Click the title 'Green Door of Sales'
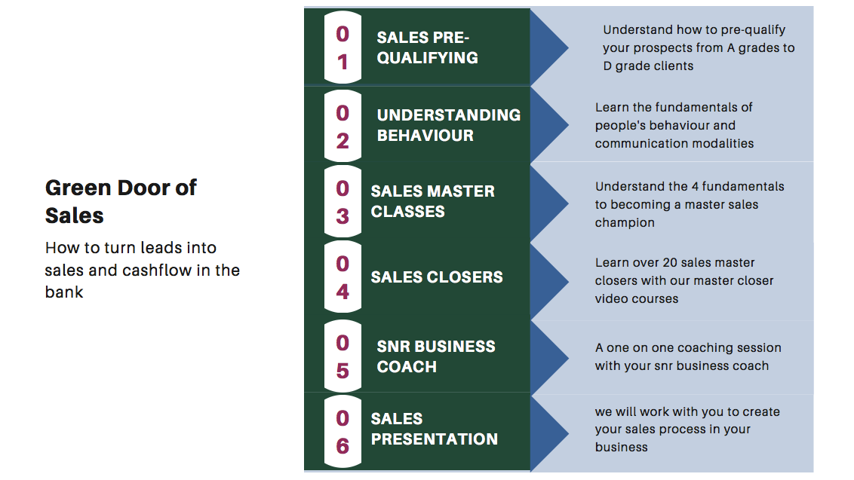(x=121, y=201)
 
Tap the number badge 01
(x=343, y=47)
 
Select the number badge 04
(x=343, y=277)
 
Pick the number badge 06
(x=343, y=432)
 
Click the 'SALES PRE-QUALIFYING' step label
(x=428, y=47)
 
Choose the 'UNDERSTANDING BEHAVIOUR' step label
(x=449, y=125)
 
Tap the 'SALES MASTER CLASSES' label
(x=433, y=201)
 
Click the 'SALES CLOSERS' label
(x=437, y=277)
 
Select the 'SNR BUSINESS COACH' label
(x=436, y=356)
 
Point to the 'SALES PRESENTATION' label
(x=434, y=429)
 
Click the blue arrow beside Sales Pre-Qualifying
(x=549, y=47)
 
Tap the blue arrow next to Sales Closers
(x=549, y=281)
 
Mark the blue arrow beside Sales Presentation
(x=549, y=433)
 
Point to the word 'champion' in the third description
(x=625, y=223)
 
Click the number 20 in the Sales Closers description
(x=671, y=262)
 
